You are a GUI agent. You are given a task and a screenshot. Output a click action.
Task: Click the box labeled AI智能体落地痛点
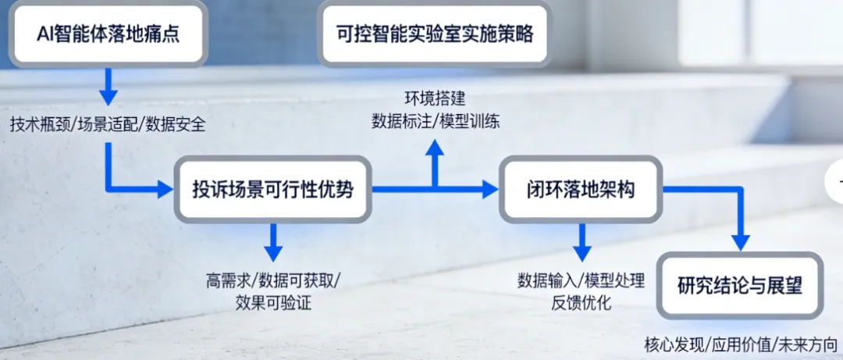[x=108, y=34]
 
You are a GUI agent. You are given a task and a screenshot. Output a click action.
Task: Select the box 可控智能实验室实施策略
[x=436, y=34]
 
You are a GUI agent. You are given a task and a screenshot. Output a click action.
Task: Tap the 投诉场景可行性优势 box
[x=272, y=189]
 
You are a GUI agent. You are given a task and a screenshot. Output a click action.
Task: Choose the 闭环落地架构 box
[x=580, y=189]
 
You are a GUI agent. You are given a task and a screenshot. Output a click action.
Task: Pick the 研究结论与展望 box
[x=739, y=285]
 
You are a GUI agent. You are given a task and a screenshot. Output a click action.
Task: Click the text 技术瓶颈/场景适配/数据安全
[x=108, y=124]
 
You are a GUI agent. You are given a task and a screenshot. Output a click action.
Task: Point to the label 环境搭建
[x=436, y=99]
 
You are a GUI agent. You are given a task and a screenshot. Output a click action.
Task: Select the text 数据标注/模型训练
[x=436, y=121]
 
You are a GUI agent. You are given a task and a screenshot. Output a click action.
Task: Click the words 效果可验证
[x=273, y=302]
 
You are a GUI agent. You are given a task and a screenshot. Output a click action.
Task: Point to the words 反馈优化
[x=581, y=302]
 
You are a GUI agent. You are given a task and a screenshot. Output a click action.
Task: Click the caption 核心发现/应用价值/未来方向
[x=740, y=343]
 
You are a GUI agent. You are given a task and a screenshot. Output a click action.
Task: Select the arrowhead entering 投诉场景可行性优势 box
[x=163, y=188]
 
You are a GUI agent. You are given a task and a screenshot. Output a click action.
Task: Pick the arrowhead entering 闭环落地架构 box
[x=489, y=188]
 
